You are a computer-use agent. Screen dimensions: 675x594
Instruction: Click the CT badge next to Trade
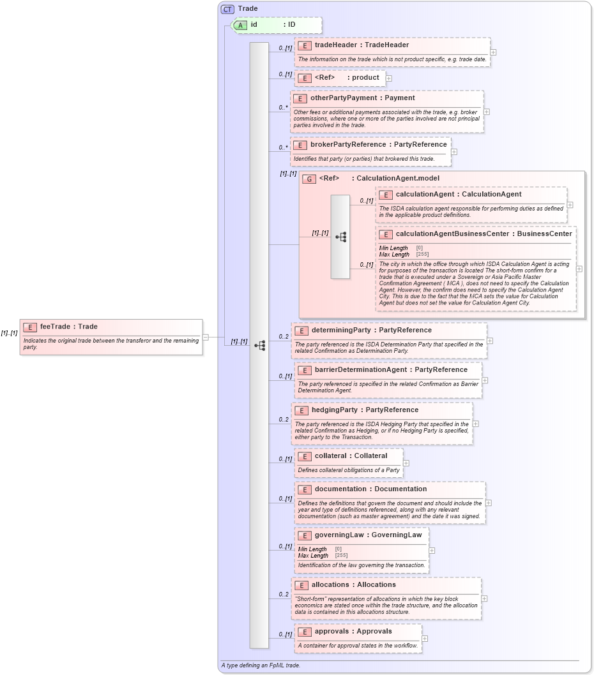coord(227,9)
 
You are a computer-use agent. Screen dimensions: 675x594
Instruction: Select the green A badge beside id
coord(240,25)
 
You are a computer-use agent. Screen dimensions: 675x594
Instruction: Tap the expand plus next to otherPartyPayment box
coord(487,112)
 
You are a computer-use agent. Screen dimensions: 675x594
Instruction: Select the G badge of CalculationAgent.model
coord(309,179)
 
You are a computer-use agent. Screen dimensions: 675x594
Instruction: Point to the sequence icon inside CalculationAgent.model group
coord(340,237)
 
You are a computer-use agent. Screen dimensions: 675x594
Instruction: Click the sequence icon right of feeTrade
coord(259,345)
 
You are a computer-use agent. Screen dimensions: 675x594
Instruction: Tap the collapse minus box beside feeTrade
coord(206,337)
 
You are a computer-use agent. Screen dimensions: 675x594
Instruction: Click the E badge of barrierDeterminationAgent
coord(304,370)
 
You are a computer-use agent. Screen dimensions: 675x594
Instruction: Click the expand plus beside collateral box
coord(406,463)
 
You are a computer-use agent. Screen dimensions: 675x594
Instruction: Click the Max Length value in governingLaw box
coord(342,556)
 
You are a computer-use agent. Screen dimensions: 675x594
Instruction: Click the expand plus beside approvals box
coord(425,639)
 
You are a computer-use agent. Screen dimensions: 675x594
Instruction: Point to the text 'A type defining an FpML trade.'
coord(261,665)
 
